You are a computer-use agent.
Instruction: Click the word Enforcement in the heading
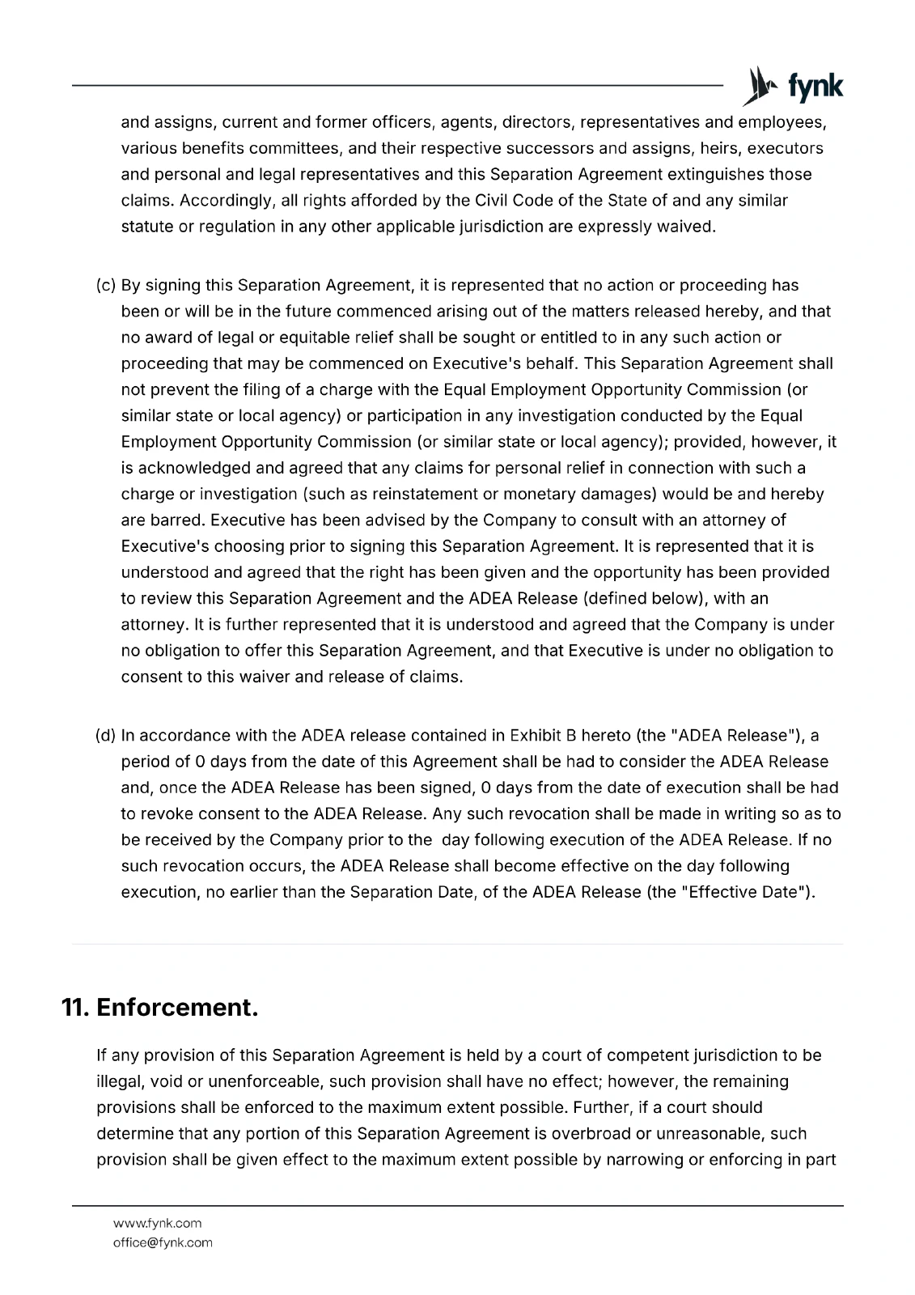click(x=177, y=1008)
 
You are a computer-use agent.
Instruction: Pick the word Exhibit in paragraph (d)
click(x=536, y=736)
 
